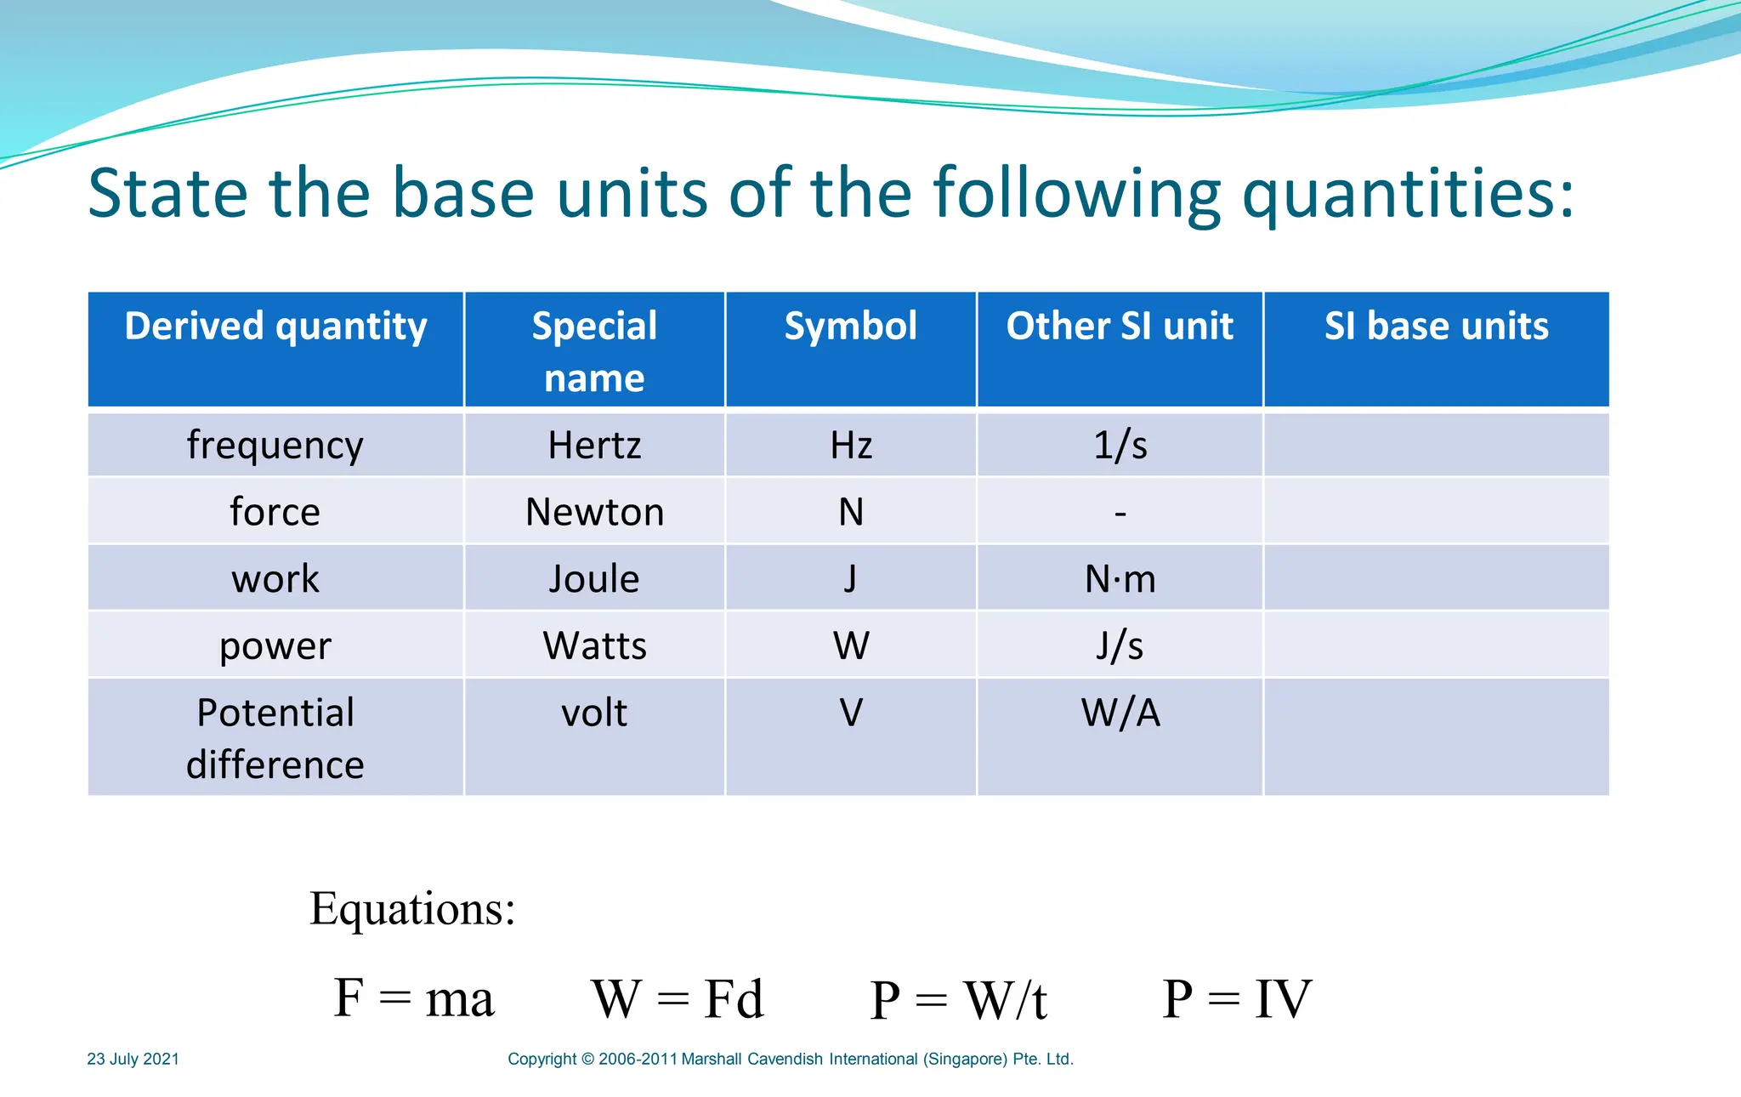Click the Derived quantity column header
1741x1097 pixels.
click(x=275, y=327)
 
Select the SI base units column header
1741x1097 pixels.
click(x=1436, y=327)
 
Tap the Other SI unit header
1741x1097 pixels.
click(x=1120, y=327)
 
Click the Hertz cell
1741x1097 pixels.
click(x=594, y=446)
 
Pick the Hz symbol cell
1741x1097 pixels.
click(x=851, y=446)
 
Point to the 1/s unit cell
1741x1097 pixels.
click(x=1120, y=446)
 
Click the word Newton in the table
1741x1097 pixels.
click(x=594, y=512)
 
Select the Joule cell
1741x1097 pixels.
click(x=594, y=579)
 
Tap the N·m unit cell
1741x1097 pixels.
click(x=1120, y=579)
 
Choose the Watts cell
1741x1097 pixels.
click(x=594, y=646)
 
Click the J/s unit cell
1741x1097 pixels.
click(x=1120, y=646)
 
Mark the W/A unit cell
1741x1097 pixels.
click(x=1120, y=713)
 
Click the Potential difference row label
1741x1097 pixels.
click(x=275, y=738)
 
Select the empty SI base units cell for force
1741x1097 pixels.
click(x=1436, y=512)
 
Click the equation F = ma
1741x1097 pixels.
click(x=413, y=998)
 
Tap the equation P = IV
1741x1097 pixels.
click(x=1237, y=998)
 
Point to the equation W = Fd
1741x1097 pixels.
click(x=678, y=998)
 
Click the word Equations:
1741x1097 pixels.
click(x=412, y=908)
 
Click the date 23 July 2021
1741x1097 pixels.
click(x=133, y=1059)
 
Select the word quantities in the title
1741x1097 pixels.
click(x=1407, y=194)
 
